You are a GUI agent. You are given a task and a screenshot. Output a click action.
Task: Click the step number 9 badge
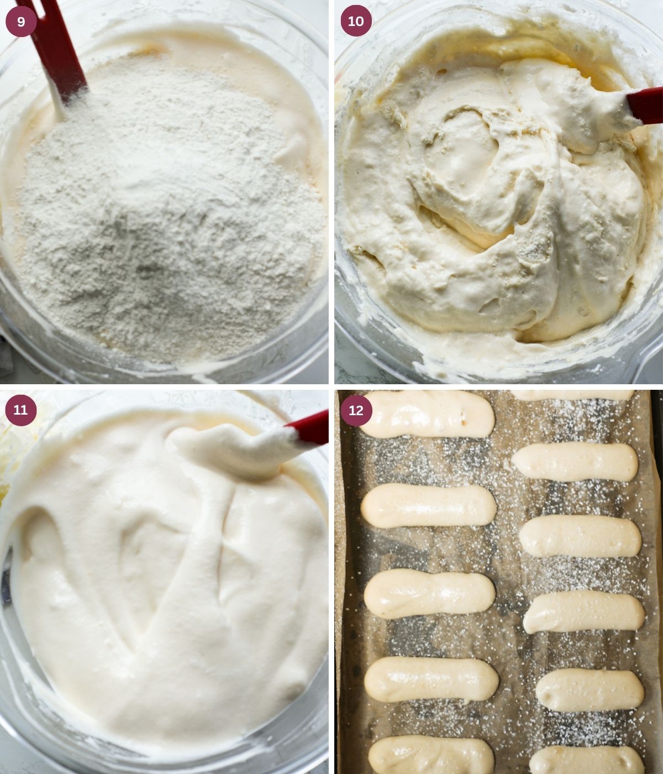tap(21, 22)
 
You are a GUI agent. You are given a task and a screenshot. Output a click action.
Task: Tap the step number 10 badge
tap(356, 22)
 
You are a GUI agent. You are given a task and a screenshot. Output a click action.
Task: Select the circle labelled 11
tap(21, 410)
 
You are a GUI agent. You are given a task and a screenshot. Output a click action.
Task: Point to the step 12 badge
tap(356, 411)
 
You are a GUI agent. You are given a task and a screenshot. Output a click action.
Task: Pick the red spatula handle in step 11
tap(309, 427)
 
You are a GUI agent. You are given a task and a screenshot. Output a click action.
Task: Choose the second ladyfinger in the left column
tap(428, 505)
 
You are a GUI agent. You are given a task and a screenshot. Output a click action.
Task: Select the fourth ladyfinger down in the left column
tap(431, 679)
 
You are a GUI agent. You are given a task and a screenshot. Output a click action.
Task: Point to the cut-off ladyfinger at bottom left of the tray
tap(431, 756)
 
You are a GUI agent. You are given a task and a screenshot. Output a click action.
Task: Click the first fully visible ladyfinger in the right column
tap(575, 462)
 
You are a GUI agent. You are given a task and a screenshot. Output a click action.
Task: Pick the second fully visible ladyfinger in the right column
tap(580, 536)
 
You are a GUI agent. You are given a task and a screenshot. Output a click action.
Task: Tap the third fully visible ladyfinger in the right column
tap(584, 612)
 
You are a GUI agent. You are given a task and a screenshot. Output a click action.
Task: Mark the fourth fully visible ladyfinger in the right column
tap(590, 690)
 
